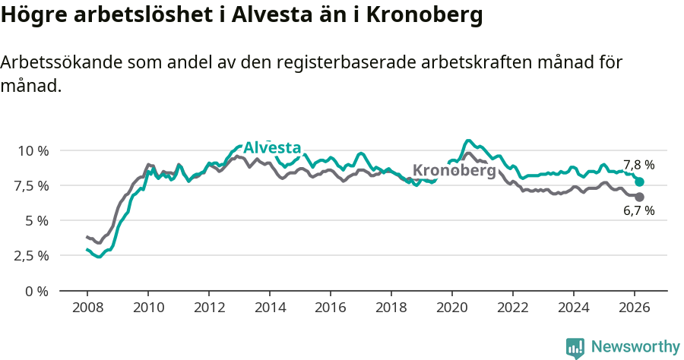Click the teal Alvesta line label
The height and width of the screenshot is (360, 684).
[272, 148]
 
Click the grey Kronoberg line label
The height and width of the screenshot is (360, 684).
[454, 171]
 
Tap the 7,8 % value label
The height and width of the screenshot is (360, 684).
[638, 165]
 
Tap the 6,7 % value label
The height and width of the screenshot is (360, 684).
[638, 211]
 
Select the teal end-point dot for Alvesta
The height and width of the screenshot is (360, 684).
[640, 182]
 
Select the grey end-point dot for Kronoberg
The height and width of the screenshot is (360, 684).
[640, 197]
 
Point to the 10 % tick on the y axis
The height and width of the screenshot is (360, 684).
[33, 150]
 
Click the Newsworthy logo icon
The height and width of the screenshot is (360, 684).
[575, 347]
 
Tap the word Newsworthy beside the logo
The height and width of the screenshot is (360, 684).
[635, 347]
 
